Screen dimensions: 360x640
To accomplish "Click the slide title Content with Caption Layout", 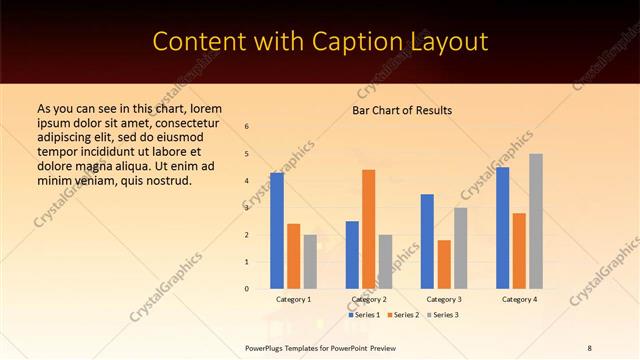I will click(x=320, y=42).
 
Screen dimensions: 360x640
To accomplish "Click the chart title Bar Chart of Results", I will click(x=402, y=110).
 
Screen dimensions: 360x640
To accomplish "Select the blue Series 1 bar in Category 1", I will click(x=276, y=230).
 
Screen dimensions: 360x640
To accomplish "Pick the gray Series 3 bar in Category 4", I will click(x=536, y=221).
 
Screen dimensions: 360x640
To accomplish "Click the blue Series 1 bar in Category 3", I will click(x=427, y=241).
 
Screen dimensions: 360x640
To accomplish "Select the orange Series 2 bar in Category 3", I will click(x=444, y=264).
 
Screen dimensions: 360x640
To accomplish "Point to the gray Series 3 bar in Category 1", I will click(x=310, y=261).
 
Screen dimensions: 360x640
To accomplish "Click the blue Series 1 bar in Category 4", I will click(x=502, y=227).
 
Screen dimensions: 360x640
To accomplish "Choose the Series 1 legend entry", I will click(x=365, y=315).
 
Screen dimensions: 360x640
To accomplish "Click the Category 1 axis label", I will click(x=293, y=299).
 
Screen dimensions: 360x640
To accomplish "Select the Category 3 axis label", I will click(x=444, y=299).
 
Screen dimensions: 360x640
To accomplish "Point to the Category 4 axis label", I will click(x=519, y=299).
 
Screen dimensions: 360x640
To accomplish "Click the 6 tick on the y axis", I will click(x=247, y=127).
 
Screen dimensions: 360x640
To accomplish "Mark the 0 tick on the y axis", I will click(x=247, y=289).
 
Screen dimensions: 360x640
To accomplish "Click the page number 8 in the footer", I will click(x=589, y=347).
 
